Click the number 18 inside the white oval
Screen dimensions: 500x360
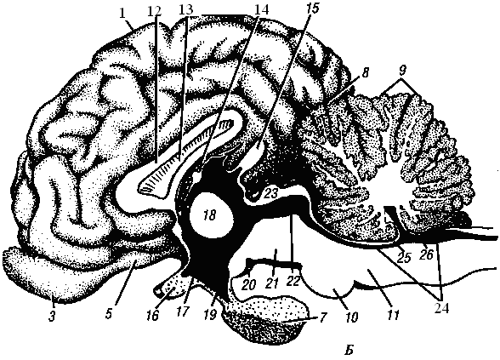(211, 216)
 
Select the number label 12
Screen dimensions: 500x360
(155, 11)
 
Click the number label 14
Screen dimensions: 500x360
(261, 10)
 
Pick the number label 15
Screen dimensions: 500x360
(312, 9)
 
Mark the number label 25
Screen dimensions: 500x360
(403, 257)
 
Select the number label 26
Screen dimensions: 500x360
(427, 254)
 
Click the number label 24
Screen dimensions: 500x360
(441, 309)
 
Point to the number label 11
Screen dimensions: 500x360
(394, 315)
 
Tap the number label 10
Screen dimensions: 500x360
(351, 317)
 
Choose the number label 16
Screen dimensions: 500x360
(153, 315)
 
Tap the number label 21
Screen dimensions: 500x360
(272, 283)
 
